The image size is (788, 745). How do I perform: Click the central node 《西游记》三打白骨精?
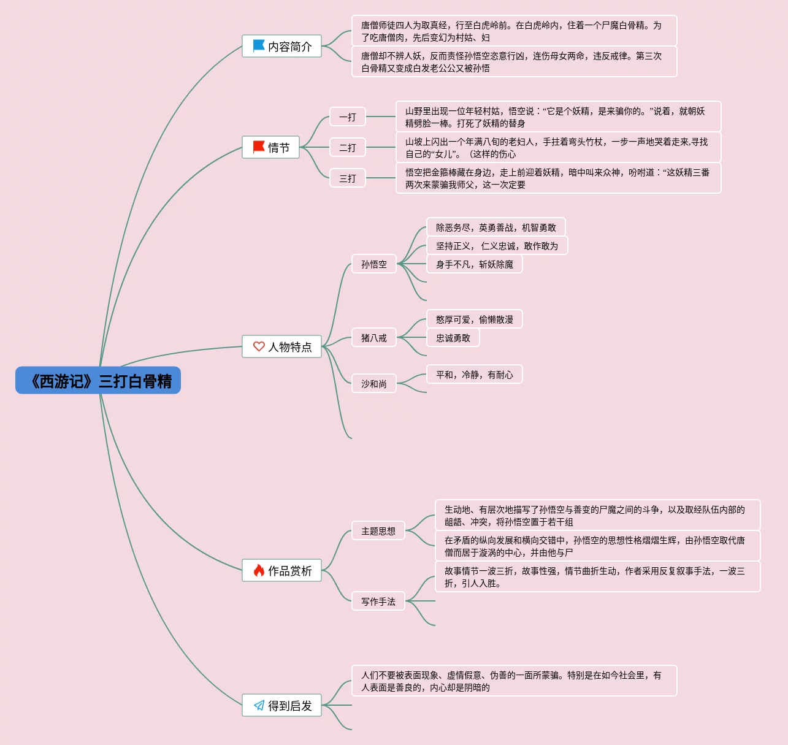pyautogui.click(x=98, y=380)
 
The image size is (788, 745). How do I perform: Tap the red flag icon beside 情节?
pyautogui.click(x=259, y=147)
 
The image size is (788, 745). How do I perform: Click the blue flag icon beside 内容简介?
pyautogui.click(x=259, y=46)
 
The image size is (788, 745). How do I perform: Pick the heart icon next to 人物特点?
pyautogui.click(x=259, y=346)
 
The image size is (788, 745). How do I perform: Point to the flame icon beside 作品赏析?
pyautogui.click(x=259, y=570)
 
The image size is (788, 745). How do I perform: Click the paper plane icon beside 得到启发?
pyautogui.click(x=259, y=705)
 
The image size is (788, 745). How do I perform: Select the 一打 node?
pyautogui.click(x=348, y=117)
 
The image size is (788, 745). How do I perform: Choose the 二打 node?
pyautogui.click(x=348, y=147)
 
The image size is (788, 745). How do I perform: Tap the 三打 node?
pyautogui.click(x=348, y=178)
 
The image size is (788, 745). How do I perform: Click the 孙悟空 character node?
pyautogui.click(x=374, y=264)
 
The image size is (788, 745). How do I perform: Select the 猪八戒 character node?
pyautogui.click(x=374, y=337)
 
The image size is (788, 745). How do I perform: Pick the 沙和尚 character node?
pyautogui.click(x=374, y=383)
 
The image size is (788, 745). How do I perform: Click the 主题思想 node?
pyautogui.click(x=378, y=530)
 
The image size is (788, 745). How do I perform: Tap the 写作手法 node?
pyautogui.click(x=378, y=601)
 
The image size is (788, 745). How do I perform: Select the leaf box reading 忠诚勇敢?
pyautogui.click(x=453, y=337)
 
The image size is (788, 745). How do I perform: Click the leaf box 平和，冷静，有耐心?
pyautogui.click(x=475, y=374)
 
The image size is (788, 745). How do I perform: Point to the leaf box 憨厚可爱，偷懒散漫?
pyautogui.click(x=475, y=319)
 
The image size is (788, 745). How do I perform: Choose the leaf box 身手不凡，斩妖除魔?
pyautogui.click(x=475, y=264)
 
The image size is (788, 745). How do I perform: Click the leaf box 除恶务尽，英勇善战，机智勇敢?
pyautogui.click(x=496, y=227)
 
